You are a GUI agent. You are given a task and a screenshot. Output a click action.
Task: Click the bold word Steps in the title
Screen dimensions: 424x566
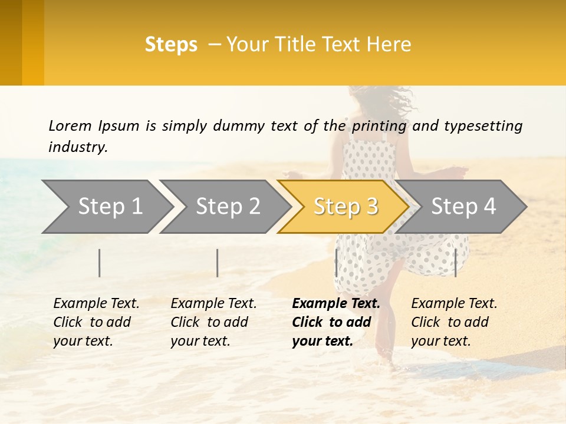coord(171,45)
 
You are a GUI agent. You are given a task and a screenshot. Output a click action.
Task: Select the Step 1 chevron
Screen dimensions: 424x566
coord(106,207)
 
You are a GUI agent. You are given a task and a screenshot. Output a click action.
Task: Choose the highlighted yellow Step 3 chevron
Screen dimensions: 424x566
coord(345,207)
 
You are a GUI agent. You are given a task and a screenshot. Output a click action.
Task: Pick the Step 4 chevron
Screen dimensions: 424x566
coord(463,207)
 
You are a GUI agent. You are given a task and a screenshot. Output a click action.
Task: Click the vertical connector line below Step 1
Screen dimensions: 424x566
coord(100,263)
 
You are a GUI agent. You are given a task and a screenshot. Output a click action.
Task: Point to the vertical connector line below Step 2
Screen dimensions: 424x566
coord(218,263)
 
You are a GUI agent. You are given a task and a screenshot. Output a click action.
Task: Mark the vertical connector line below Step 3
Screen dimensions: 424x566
coord(336,263)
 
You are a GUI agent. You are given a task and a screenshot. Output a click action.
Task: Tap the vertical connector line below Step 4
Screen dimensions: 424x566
coord(455,263)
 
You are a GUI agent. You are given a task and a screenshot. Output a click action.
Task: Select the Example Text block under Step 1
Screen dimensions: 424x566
coord(96,322)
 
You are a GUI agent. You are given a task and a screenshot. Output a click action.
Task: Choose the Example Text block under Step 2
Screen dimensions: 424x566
coord(213,322)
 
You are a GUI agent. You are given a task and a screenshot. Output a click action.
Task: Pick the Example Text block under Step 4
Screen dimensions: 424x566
coord(454,322)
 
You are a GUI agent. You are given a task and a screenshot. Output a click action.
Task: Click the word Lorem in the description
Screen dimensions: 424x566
coord(70,126)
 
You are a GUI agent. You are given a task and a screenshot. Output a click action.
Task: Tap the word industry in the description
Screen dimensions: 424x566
coord(77,147)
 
